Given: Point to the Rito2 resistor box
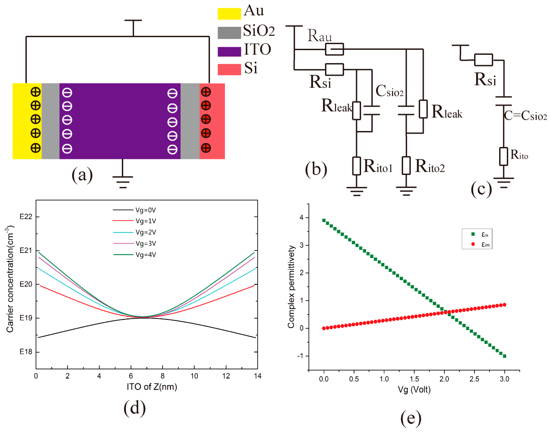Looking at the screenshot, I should click(406, 165).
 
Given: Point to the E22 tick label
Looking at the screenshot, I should click(26, 217).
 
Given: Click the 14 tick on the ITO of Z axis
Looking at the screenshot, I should click(257, 376).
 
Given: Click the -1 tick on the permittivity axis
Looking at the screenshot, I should click(300, 356).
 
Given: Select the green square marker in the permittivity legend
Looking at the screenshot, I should click(472, 234).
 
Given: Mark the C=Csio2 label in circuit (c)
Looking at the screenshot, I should click(525, 116).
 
